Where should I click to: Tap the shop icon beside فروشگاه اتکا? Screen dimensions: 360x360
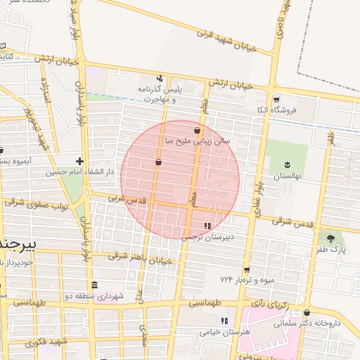[x=276, y=100]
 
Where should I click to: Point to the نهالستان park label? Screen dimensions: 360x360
[x=288, y=175]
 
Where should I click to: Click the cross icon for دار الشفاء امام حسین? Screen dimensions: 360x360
[x=79, y=161]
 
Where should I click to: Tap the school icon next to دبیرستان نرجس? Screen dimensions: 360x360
[x=207, y=226]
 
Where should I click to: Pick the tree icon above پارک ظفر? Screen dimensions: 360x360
[x=330, y=238]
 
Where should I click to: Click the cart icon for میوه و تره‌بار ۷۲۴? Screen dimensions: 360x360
[x=247, y=270]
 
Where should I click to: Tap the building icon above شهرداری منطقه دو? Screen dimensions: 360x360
[x=94, y=285]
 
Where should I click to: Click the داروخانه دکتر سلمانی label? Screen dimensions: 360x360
[x=331, y=323]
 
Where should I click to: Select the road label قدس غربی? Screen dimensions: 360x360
[x=126, y=200]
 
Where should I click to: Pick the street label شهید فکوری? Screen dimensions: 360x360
[x=45, y=342]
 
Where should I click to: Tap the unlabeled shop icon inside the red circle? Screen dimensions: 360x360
[x=158, y=162]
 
